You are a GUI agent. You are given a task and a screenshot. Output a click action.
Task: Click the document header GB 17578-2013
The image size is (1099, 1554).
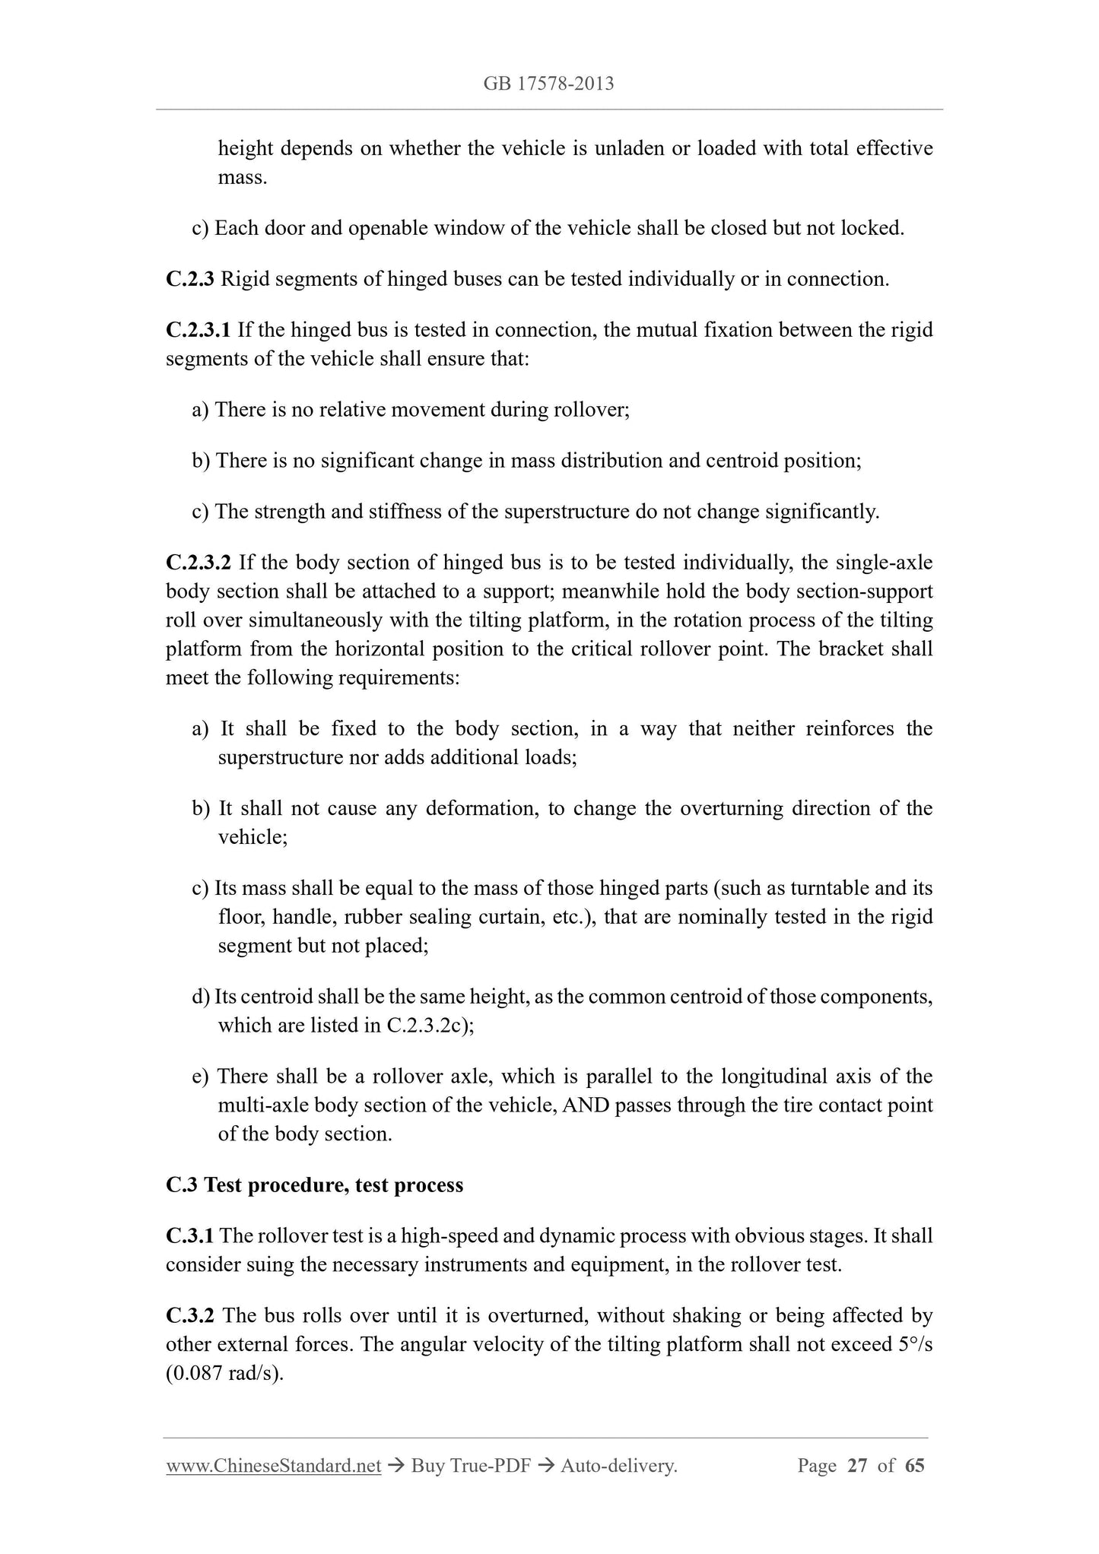pyautogui.click(x=548, y=84)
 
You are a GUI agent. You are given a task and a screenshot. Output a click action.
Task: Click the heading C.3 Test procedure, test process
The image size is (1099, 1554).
pyautogui.click(x=314, y=1185)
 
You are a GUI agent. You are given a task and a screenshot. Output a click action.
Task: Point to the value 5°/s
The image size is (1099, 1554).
pyautogui.click(x=915, y=1344)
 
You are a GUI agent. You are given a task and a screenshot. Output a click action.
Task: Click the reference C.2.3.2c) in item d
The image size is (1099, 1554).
pyautogui.click(x=430, y=1025)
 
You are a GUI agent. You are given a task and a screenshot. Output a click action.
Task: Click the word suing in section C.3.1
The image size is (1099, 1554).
pyautogui.click(x=236, y=1265)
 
